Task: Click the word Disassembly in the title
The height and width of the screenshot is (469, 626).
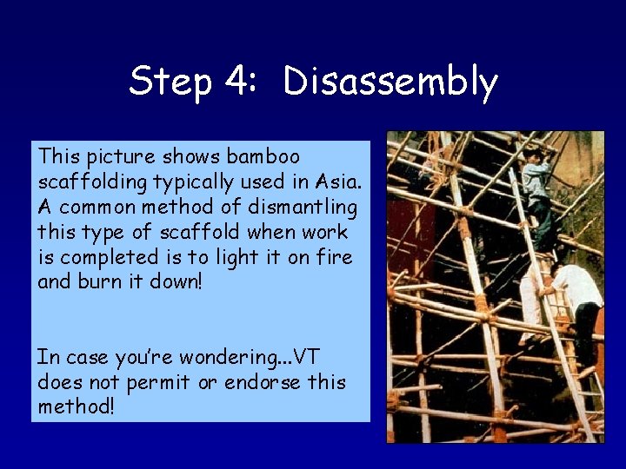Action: (390, 83)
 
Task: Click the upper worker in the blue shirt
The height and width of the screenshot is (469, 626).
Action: (538, 187)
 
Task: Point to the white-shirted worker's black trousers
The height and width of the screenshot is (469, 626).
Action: (585, 331)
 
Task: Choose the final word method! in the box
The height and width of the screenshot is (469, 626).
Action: (76, 407)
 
